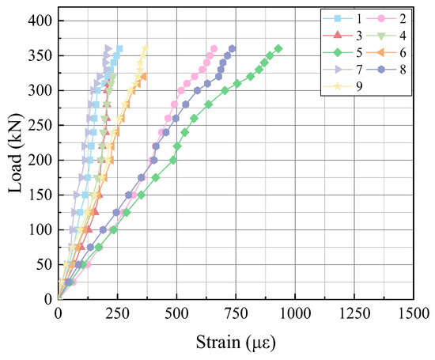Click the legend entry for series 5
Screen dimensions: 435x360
click(x=342, y=52)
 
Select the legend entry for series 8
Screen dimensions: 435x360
click(x=386, y=70)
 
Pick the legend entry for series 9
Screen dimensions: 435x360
click(x=342, y=86)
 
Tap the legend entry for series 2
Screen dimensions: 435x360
click(x=386, y=19)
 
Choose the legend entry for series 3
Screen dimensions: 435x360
click(x=342, y=36)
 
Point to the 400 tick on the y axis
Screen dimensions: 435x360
click(x=40, y=21)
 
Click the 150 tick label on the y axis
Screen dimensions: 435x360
click(x=40, y=195)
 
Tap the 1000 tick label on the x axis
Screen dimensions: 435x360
click(x=295, y=313)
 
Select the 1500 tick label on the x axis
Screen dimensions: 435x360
click(x=414, y=313)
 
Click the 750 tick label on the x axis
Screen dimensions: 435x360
click(x=236, y=313)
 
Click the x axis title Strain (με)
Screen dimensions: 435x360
click(x=236, y=342)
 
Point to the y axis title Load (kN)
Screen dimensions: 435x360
click(x=15, y=153)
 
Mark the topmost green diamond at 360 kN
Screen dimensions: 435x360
click(x=278, y=49)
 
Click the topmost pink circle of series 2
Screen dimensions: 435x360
click(x=214, y=48)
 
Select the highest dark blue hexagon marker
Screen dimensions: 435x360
click(x=233, y=49)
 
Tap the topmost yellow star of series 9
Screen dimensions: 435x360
click(x=145, y=49)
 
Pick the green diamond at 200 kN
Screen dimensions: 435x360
click(x=173, y=160)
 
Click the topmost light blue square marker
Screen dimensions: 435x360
click(x=119, y=49)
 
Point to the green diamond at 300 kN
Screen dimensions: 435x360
click(x=225, y=90)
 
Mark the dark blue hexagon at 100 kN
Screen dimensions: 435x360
click(x=103, y=229)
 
